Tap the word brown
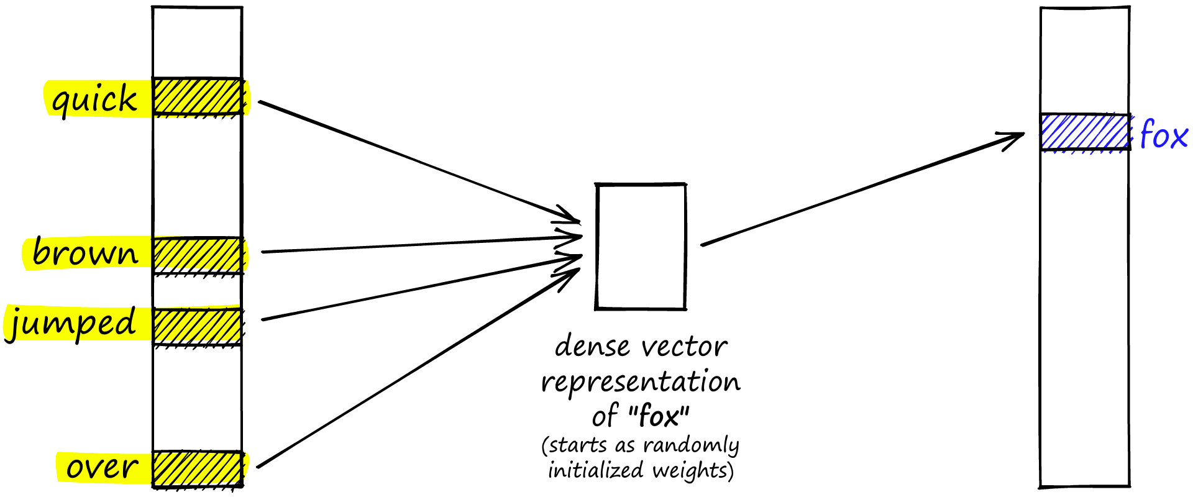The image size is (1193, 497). pyautogui.click(x=85, y=253)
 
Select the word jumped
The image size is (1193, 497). pyautogui.click(x=71, y=324)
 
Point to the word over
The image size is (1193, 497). pyautogui.click(x=102, y=467)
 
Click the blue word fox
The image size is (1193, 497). pyautogui.click(x=1163, y=135)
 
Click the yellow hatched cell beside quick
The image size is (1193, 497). pyautogui.click(x=197, y=96)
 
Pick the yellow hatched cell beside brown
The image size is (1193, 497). pyautogui.click(x=197, y=255)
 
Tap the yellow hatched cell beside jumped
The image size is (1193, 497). pyautogui.click(x=197, y=326)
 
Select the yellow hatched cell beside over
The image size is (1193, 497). pyautogui.click(x=197, y=468)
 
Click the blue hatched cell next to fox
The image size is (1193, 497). pyautogui.click(x=1085, y=132)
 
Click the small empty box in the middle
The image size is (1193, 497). pyautogui.click(x=641, y=246)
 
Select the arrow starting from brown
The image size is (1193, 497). pyautogui.click(x=416, y=244)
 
